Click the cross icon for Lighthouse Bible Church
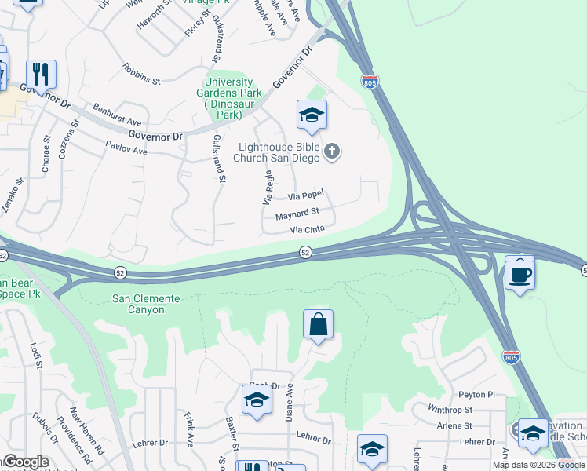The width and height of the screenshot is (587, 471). point(332,152)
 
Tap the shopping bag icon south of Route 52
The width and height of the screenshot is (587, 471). point(318,324)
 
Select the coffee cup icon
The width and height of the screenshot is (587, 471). point(520,274)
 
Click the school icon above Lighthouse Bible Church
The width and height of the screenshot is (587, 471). point(312,116)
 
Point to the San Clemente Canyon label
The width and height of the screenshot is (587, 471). point(146,304)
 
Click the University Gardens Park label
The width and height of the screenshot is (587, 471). point(229,98)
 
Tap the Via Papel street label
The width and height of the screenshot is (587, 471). point(305,195)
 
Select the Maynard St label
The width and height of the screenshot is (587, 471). point(297,213)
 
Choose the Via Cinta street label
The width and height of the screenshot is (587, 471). point(307,230)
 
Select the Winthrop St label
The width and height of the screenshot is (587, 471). point(450,410)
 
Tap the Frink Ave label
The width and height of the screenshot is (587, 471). point(189,429)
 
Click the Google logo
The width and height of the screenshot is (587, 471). point(25,462)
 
